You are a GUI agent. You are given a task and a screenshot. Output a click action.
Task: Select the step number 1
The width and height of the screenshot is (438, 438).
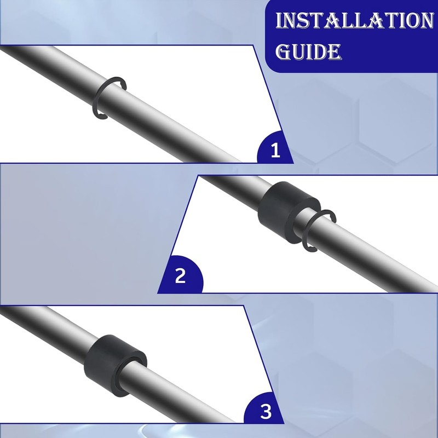point(275,149)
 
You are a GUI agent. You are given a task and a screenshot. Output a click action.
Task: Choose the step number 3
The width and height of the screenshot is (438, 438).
point(266,411)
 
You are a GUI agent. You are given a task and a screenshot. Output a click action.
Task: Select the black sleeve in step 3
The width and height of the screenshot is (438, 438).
point(115,363)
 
